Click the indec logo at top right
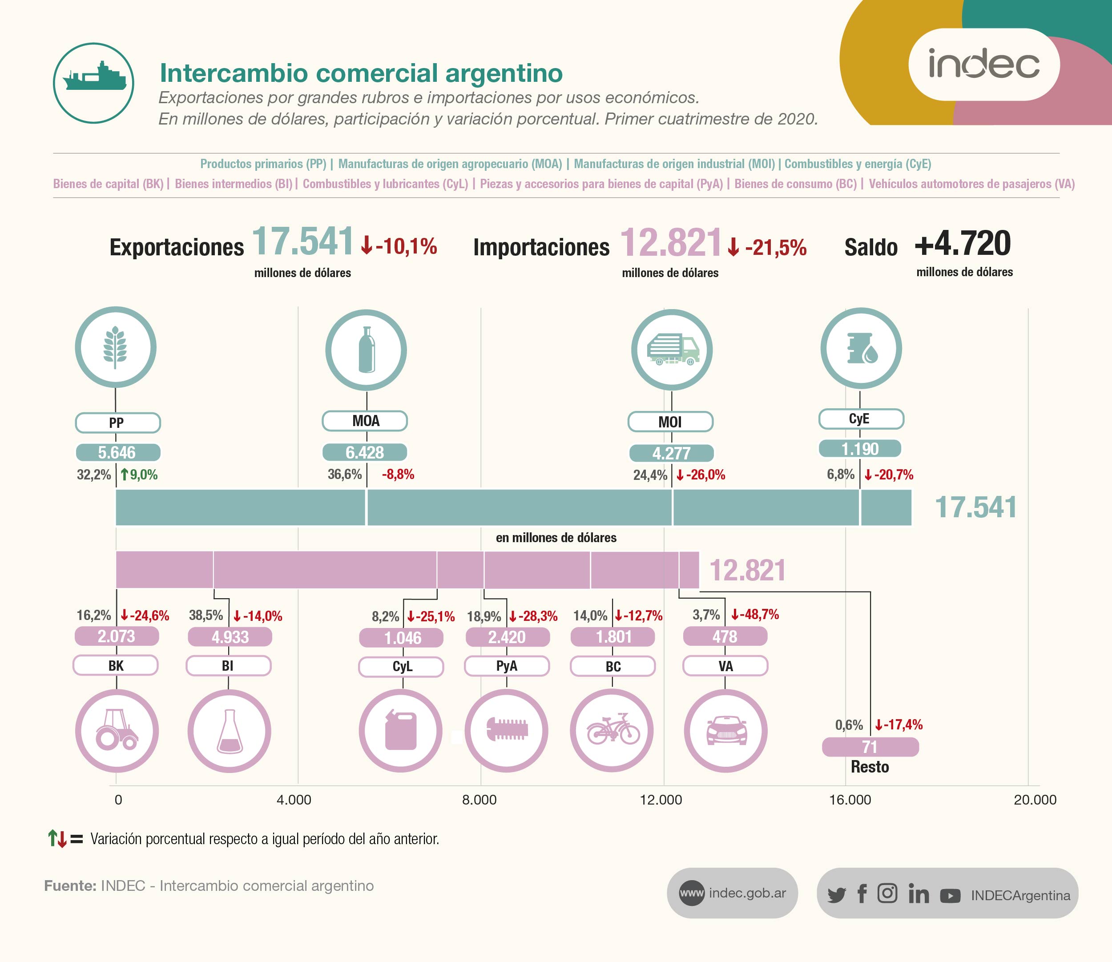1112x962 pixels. tap(983, 64)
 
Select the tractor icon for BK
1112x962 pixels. tap(117, 731)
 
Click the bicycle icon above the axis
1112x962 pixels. tap(612, 731)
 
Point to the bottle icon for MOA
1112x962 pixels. tap(366, 350)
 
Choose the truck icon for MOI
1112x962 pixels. tap(672, 350)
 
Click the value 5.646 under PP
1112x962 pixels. tap(117, 453)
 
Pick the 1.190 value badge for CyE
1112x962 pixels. tap(860, 449)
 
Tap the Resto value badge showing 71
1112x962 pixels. tap(870, 747)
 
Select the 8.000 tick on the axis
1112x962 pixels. tap(479, 800)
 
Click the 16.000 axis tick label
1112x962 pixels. tap(850, 800)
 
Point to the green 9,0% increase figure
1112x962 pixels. tap(139, 475)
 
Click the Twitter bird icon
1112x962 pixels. tap(837, 895)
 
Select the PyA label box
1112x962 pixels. tap(506, 666)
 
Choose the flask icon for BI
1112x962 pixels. tap(229, 731)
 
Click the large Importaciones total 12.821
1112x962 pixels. tap(671, 243)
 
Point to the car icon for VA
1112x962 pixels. tap(725, 731)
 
